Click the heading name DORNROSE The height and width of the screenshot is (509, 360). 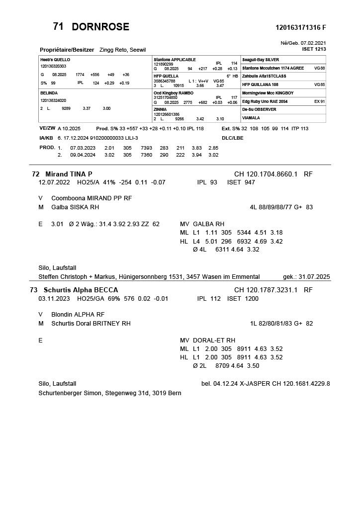(x=100, y=27)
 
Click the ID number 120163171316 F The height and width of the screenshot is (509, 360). (x=300, y=27)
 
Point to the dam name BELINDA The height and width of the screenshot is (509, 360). (x=49, y=93)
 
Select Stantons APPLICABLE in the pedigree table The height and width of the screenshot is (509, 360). (x=175, y=59)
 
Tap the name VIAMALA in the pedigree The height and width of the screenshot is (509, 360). (x=251, y=118)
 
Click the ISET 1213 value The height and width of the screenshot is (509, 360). (x=314, y=49)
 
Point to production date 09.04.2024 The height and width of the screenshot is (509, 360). (x=83, y=155)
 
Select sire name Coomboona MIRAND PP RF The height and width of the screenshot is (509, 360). (x=91, y=198)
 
